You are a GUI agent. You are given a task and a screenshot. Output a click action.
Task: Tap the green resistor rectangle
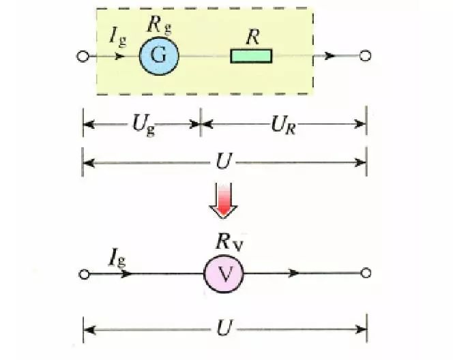coord(251,56)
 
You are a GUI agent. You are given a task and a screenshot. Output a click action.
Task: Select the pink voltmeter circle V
coord(224,273)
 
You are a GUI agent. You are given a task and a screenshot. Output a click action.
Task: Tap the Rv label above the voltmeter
coord(225,241)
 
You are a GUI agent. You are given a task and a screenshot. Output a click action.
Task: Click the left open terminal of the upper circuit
coord(84,56)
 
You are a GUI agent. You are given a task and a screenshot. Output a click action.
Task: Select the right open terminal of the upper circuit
coord(366,56)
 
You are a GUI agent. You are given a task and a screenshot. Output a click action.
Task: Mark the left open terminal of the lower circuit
coord(84,273)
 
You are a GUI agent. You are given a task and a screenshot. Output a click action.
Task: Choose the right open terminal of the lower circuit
coord(366,273)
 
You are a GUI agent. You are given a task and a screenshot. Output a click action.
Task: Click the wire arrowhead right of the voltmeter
coord(293,273)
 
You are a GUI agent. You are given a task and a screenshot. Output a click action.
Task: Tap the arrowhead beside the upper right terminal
coord(331,56)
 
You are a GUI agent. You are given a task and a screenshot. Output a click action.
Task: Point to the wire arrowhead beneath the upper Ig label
coord(121,56)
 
